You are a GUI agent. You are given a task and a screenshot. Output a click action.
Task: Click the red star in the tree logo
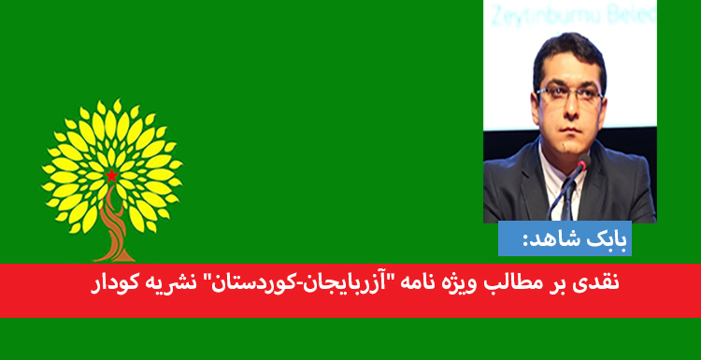tap(112, 176)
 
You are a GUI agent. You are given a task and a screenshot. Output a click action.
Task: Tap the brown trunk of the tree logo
tap(113, 229)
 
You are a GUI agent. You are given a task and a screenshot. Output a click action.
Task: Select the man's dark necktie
tap(567, 192)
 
